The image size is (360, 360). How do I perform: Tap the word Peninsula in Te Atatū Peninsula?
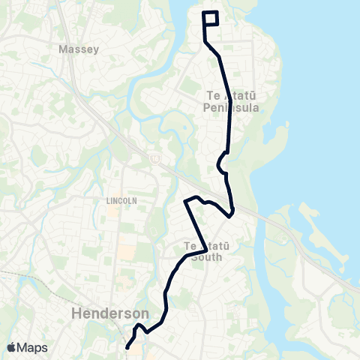pyautogui.click(x=232, y=108)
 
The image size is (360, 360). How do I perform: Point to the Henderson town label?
pyautogui.click(x=110, y=313)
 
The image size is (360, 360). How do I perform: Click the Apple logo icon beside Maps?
pyautogui.click(x=12, y=347)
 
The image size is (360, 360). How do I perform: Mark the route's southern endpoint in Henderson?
pyautogui.click(x=127, y=347)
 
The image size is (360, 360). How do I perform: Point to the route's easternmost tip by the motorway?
pyautogui.click(x=232, y=211)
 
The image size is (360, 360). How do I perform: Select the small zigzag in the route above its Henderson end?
pyautogui.click(x=139, y=328)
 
